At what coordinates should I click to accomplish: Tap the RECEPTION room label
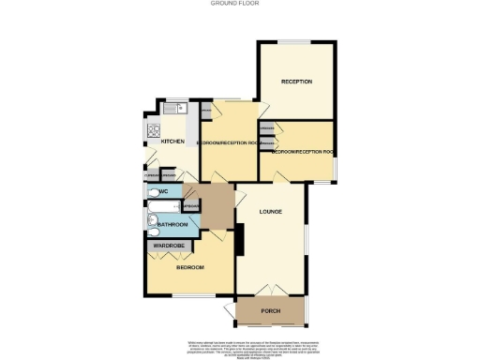296,82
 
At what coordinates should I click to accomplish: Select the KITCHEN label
172,142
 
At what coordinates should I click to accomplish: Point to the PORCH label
271,310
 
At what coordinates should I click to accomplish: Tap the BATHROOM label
172,225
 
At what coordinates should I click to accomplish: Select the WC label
162,192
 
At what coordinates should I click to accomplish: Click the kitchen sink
171,109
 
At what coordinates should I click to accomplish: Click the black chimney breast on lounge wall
238,243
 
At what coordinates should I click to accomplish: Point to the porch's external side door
231,310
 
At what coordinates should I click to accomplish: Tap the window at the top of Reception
296,41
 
